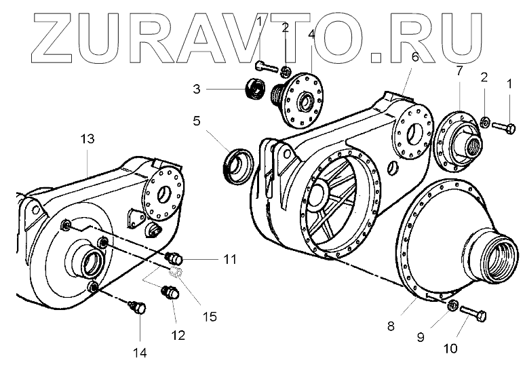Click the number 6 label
[x=416, y=57]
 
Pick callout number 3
[x=195, y=89]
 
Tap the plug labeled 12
[x=168, y=293]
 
